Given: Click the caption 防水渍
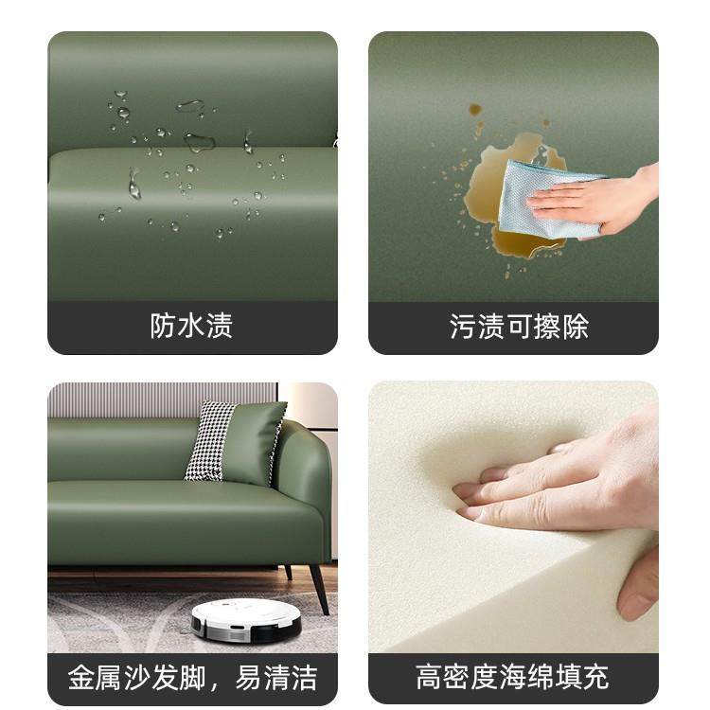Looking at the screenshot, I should pyautogui.click(x=191, y=327).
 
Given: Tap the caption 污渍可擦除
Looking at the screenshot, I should pyautogui.click(x=518, y=327).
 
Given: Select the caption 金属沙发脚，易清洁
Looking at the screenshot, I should pyautogui.click(x=191, y=677).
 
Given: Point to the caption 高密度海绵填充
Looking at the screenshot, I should pyautogui.click(x=512, y=677).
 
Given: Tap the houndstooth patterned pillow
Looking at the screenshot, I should pyautogui.click(x=209, y=441).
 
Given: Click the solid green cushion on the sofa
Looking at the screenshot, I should pyautogui.click(x=253, y=443).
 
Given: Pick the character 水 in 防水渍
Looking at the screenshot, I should pyautogui.click(x=191, y=327).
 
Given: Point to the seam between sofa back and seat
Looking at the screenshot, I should pyautogui.click(x=189, y=151).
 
